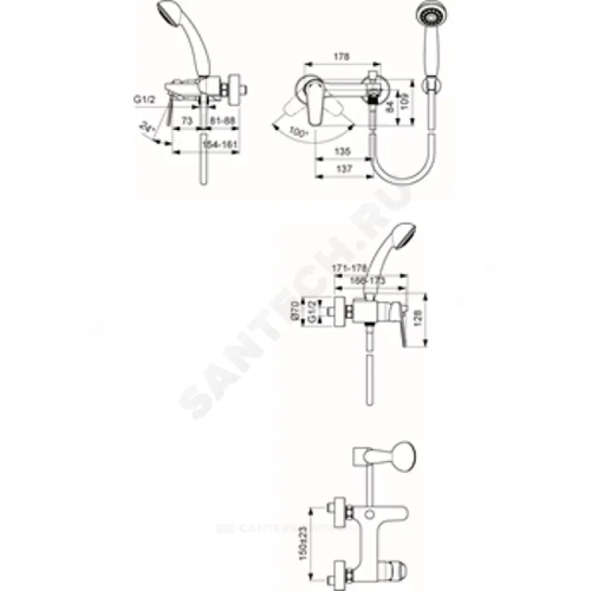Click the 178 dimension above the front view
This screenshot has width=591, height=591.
click(x=341, y=56)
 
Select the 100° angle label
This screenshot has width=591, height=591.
click(x=298, y=131)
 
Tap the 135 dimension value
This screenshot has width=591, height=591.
click(x=341, y=151)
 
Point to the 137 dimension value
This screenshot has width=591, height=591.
click(x=341, y=170)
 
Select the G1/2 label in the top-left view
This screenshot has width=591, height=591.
click(x=144, y=98)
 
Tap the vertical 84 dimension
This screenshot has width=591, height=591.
click(x=390, y=107)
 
